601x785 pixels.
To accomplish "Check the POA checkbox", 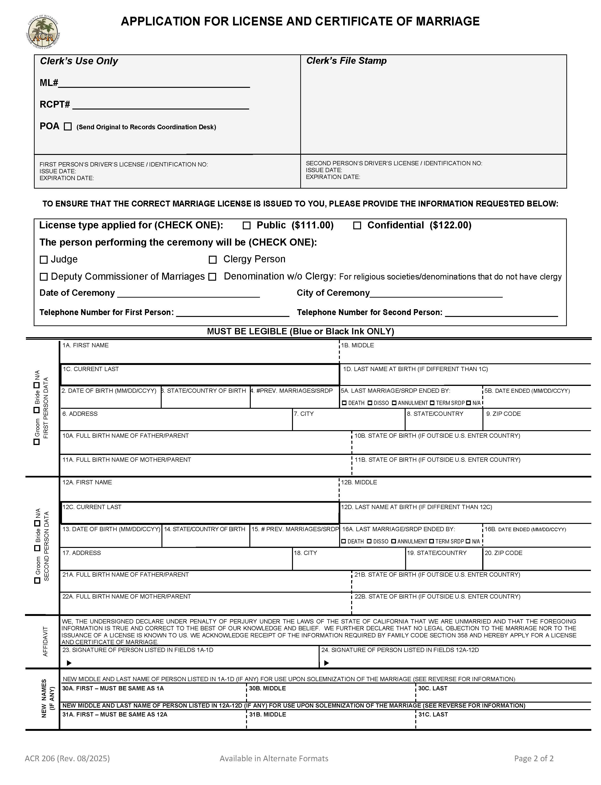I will tap(68, 126).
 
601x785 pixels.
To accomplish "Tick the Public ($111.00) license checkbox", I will tap(247, 226).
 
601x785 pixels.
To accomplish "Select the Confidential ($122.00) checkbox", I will tap(357, 226).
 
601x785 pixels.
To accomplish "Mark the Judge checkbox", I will tap(44, 260).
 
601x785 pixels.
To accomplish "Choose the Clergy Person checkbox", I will tap(213, 260).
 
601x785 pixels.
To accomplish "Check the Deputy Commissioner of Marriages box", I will tap(44, 277).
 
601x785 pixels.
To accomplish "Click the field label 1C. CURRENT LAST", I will tap(91, 369).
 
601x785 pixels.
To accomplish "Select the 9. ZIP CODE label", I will tap(503, 414).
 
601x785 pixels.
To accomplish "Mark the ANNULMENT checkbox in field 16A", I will tap(394, 541).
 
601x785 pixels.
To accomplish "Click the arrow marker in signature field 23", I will tap(69, 663).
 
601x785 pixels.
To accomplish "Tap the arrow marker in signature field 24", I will tap(326, 663).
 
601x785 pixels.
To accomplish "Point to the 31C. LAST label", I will tap(433, 714).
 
